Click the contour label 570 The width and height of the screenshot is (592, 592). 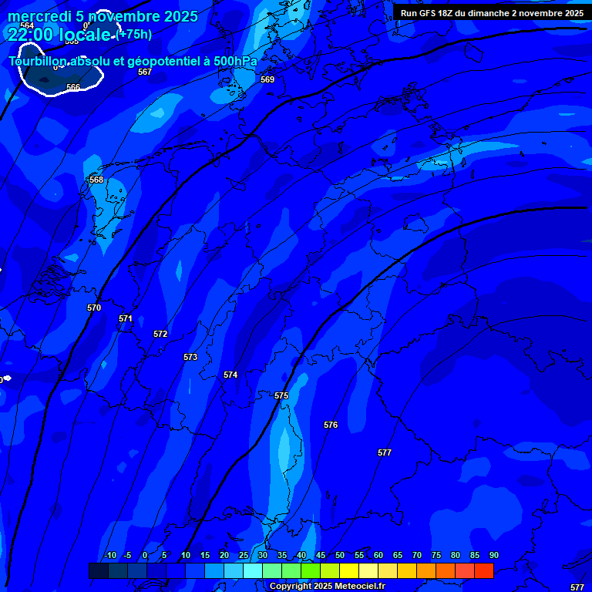(x=94, y=308)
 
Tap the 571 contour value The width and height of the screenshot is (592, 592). (x=126, y=318)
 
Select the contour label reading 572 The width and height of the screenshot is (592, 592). (x=160, y=334)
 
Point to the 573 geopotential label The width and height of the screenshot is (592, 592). (x=190, y=357)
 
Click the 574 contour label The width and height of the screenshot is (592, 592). (x=230, y=375)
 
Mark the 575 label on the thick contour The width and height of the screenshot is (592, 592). (x=281, y=395)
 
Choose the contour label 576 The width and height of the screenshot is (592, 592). (x=331, y=425)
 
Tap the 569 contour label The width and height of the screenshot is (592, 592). (x=267, y=79)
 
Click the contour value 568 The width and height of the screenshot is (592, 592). (x=96, y=180)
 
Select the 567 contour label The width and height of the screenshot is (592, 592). (x=145, y=72)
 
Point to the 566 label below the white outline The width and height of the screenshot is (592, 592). (x=73, y=87)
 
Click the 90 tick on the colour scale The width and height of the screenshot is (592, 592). (x=493, y=555)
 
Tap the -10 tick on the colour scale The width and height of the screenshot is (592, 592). (x=110, y=555)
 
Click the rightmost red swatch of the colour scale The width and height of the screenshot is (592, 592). (x=483, y=570)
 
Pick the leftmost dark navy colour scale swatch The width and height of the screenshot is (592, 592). (x=98, y=570)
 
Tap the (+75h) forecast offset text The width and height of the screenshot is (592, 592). (x=135, y=34)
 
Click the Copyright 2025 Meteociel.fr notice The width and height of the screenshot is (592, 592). (x=327, y=587)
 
